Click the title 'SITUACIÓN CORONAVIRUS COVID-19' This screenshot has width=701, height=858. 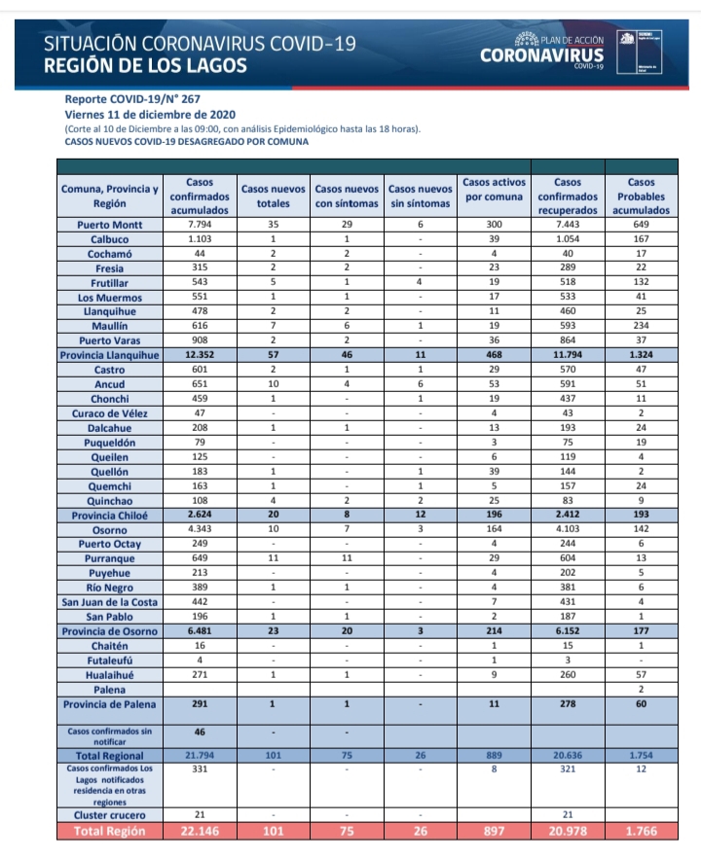(201, 44)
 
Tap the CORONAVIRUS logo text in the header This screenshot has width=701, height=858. (542, 55)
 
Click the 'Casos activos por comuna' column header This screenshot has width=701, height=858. (494, 189)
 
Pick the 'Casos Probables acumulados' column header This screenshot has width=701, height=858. (641, 196)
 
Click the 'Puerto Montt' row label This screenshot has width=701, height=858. (110, 224)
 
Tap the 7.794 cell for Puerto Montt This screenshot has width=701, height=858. (200, 224)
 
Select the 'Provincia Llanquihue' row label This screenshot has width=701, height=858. (110, 355)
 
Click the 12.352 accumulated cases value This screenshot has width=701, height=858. (200, 355)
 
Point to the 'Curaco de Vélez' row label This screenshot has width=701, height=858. (110, 412)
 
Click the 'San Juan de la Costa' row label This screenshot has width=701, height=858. (110, 602)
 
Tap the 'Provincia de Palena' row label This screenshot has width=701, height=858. (110, 703)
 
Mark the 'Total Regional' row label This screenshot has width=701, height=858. (110, 755)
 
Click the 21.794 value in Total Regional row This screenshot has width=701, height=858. (200, 755)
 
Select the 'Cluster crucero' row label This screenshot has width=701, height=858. (110, 814)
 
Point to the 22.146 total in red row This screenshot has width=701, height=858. (200, 831)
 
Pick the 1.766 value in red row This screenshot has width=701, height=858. (641, 831)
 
